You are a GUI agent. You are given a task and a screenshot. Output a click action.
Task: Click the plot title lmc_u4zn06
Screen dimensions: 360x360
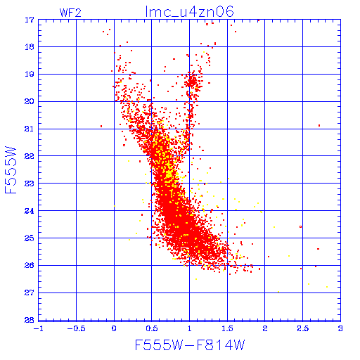pos(190,12)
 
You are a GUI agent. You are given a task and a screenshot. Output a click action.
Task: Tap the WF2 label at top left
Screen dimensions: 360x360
pos(70,13)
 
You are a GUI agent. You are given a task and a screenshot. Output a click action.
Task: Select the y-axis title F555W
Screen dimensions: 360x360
pos(11,170)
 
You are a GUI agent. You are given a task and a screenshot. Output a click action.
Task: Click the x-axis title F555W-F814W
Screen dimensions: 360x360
pos(190,345)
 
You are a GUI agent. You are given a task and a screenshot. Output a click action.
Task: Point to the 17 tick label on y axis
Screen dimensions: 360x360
pos(30,20)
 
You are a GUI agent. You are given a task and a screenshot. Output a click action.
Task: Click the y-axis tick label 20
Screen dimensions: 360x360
pos(30,102)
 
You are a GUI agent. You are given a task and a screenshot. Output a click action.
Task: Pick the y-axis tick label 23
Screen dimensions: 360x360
pos(30,184)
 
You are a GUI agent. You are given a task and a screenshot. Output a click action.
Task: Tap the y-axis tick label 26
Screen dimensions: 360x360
pos(30,265)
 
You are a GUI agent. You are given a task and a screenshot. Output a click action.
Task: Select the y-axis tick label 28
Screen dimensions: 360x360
pos(30,320)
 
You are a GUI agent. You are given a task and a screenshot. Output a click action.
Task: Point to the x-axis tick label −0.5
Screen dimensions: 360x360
pos(76,328)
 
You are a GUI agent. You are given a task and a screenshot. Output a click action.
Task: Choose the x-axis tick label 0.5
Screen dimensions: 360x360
pos(152,328)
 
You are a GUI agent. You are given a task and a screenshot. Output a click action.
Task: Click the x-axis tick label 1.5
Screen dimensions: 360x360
pos(227,328)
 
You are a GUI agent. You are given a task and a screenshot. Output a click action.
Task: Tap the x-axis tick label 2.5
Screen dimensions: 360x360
pos(303,328)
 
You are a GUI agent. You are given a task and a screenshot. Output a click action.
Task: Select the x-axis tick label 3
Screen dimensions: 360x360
pos(340,328)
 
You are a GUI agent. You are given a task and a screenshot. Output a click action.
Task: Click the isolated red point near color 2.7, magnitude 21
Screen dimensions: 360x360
pos(319,126)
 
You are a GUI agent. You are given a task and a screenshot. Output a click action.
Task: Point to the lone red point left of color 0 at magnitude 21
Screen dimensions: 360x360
pos(101,127)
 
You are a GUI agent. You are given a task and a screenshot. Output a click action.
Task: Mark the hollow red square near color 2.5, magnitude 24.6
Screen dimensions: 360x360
pos(301,227)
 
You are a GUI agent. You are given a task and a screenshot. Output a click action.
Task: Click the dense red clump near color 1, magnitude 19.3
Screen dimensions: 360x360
pos(192,82)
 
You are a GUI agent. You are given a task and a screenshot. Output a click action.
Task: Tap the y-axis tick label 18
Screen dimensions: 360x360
pos(30,47)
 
